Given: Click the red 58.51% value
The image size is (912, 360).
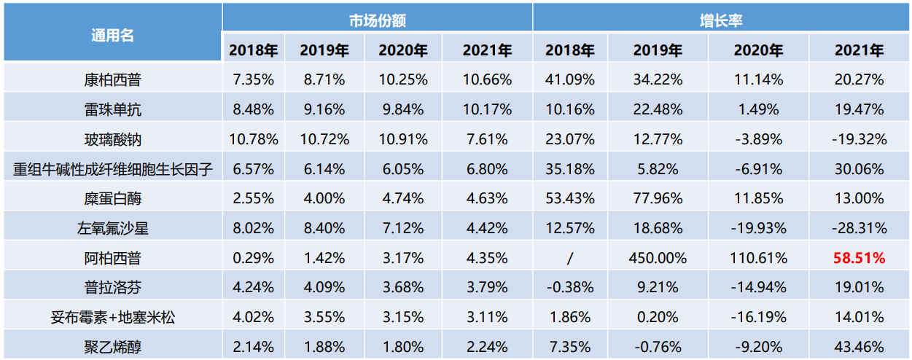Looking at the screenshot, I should [860, 258].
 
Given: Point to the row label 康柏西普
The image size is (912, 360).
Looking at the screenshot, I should [112, 79].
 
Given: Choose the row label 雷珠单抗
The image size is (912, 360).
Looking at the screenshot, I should [112, 109].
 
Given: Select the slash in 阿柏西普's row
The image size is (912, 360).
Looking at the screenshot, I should [570, 258].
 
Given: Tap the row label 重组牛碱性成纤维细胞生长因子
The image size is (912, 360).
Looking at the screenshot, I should [112, 169].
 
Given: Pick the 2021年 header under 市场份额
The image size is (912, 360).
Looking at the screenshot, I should [487, 50].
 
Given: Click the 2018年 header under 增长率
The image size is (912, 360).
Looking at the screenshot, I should [570, 50].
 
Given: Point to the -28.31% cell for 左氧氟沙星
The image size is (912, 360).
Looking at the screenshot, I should [860, 228].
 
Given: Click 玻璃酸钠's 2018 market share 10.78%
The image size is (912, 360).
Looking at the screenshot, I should [253, 139].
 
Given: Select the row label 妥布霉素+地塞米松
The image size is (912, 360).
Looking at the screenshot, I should [112, 317].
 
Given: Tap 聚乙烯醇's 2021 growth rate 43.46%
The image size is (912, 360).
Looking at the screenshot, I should [860, 347].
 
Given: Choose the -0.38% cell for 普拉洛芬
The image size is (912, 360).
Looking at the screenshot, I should [570, 287].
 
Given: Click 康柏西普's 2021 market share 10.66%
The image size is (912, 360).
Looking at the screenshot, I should [487, 79].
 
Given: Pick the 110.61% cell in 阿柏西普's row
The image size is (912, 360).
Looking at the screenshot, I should [758, 258].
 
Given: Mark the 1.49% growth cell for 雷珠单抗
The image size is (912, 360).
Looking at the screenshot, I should [758, 109].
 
